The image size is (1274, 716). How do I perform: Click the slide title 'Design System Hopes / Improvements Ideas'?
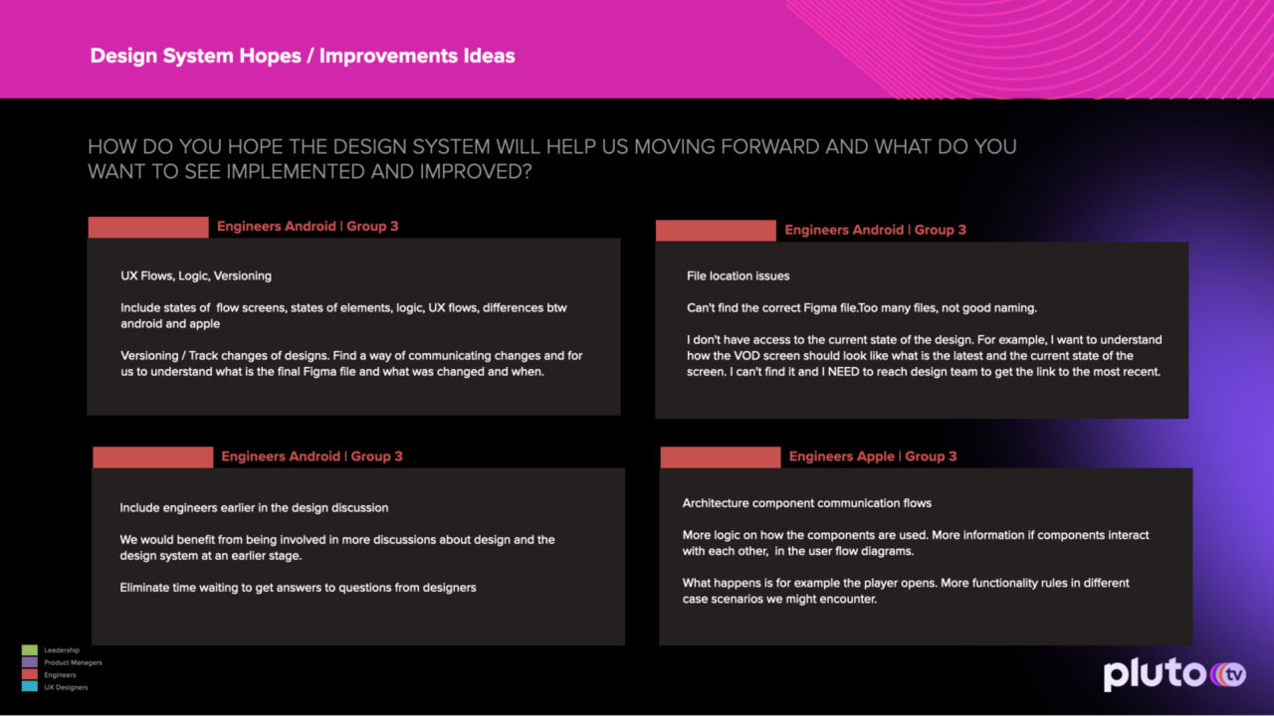[x=303, y=56]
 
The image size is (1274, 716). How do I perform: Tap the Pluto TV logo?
[x=1175, y=674]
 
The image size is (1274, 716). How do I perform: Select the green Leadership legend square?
[x=30, y=650]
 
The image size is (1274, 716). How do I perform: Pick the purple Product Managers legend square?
[x=30, y=662]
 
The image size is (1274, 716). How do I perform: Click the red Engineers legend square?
[x=30, y=674]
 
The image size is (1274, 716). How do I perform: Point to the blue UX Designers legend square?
[x=30, y=686]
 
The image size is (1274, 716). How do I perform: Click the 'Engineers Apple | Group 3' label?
[x=873, y=456]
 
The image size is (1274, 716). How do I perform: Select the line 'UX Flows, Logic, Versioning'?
[x=196, y=276]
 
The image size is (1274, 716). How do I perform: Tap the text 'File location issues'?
[x=738, y=276]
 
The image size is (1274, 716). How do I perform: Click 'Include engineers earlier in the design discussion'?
[x=254, y=508]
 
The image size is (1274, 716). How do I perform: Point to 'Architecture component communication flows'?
[x=806, y=503]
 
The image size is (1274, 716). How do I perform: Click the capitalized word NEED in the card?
[x=844, y=372]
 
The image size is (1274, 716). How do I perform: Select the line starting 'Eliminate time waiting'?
[x=298, y=588]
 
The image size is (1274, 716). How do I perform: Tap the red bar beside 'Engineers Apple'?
[x=720, y=457]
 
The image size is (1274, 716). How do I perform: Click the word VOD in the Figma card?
[x=746, y=356]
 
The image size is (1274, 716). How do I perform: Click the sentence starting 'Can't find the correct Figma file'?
[x=862, y=308]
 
